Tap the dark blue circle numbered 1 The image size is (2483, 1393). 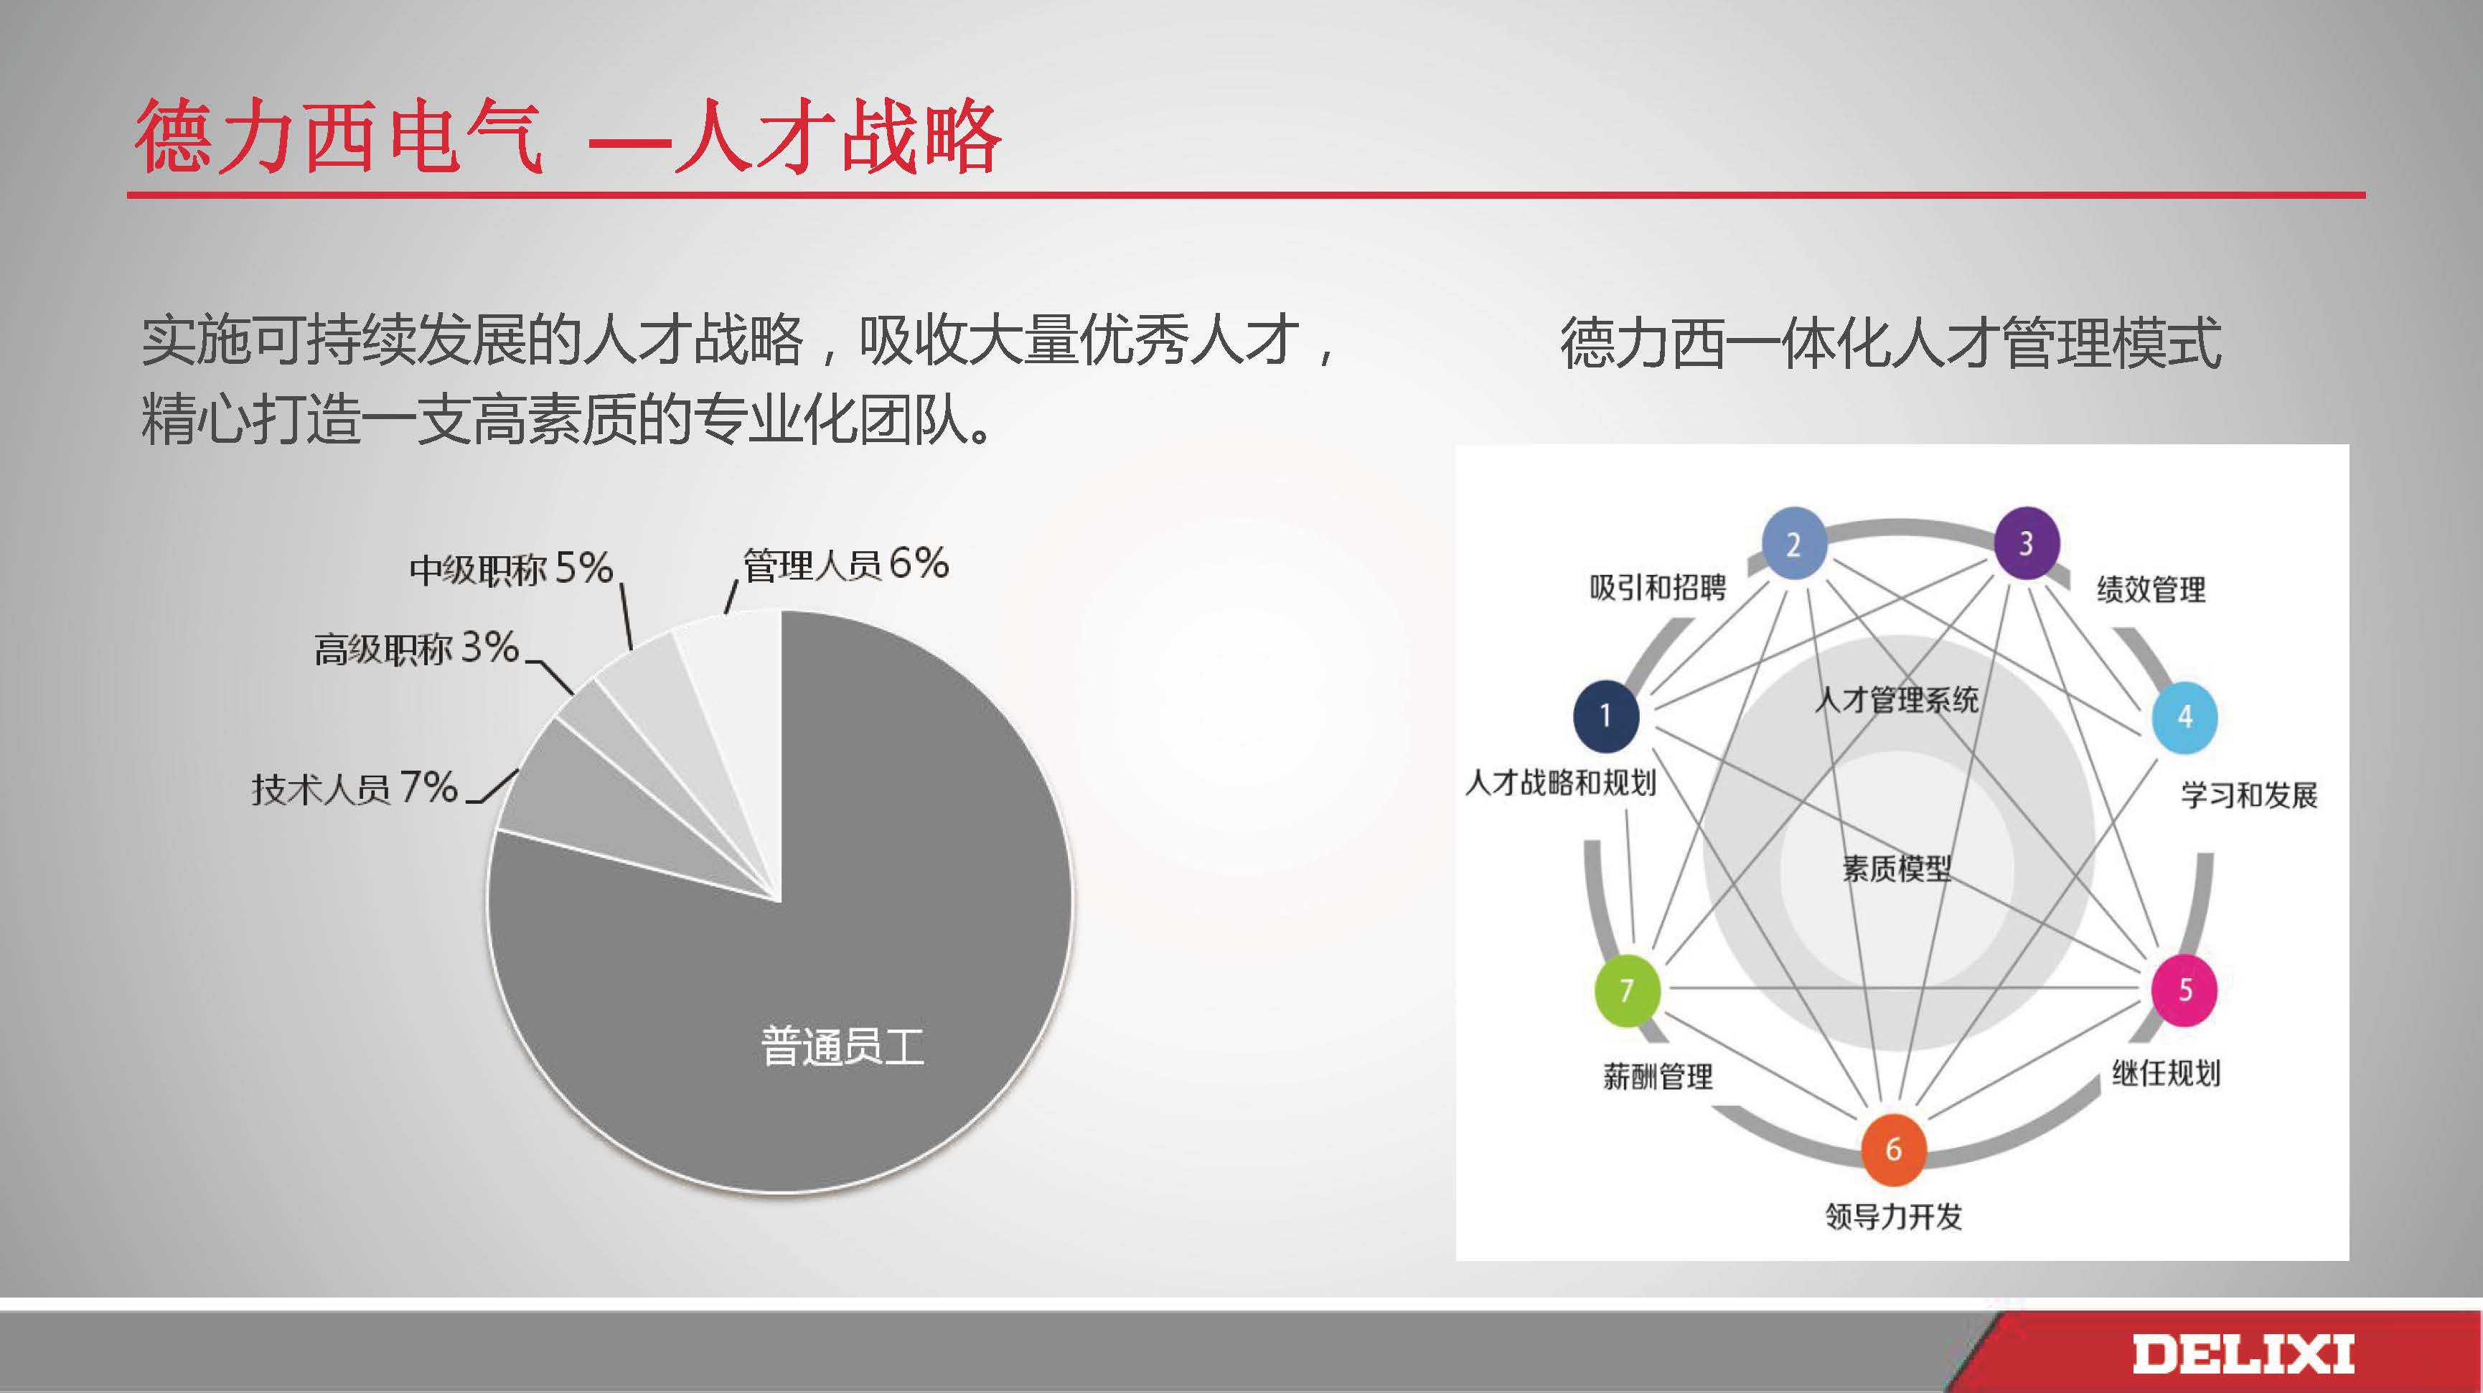click(x=1606, y=716)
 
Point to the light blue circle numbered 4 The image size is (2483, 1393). click(x=2185, y=716)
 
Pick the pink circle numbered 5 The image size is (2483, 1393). click(x=2185, y=989)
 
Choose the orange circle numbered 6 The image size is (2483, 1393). click(x=1893, y=1149)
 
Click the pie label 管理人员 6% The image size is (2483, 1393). click(x=845, y=563)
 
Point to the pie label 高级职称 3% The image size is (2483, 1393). click(x=416, y=648)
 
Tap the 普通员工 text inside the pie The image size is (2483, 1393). click(x=842, y=1046)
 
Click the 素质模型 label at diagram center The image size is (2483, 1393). click(x=1897, y=868)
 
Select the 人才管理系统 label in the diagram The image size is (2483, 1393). click(x=1897, y=699)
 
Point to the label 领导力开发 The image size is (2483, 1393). click(x=1894, y=1216)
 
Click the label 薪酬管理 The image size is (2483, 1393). click(x=1658, y=1076)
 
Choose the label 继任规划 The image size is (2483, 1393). click(x=2166, y=1073)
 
